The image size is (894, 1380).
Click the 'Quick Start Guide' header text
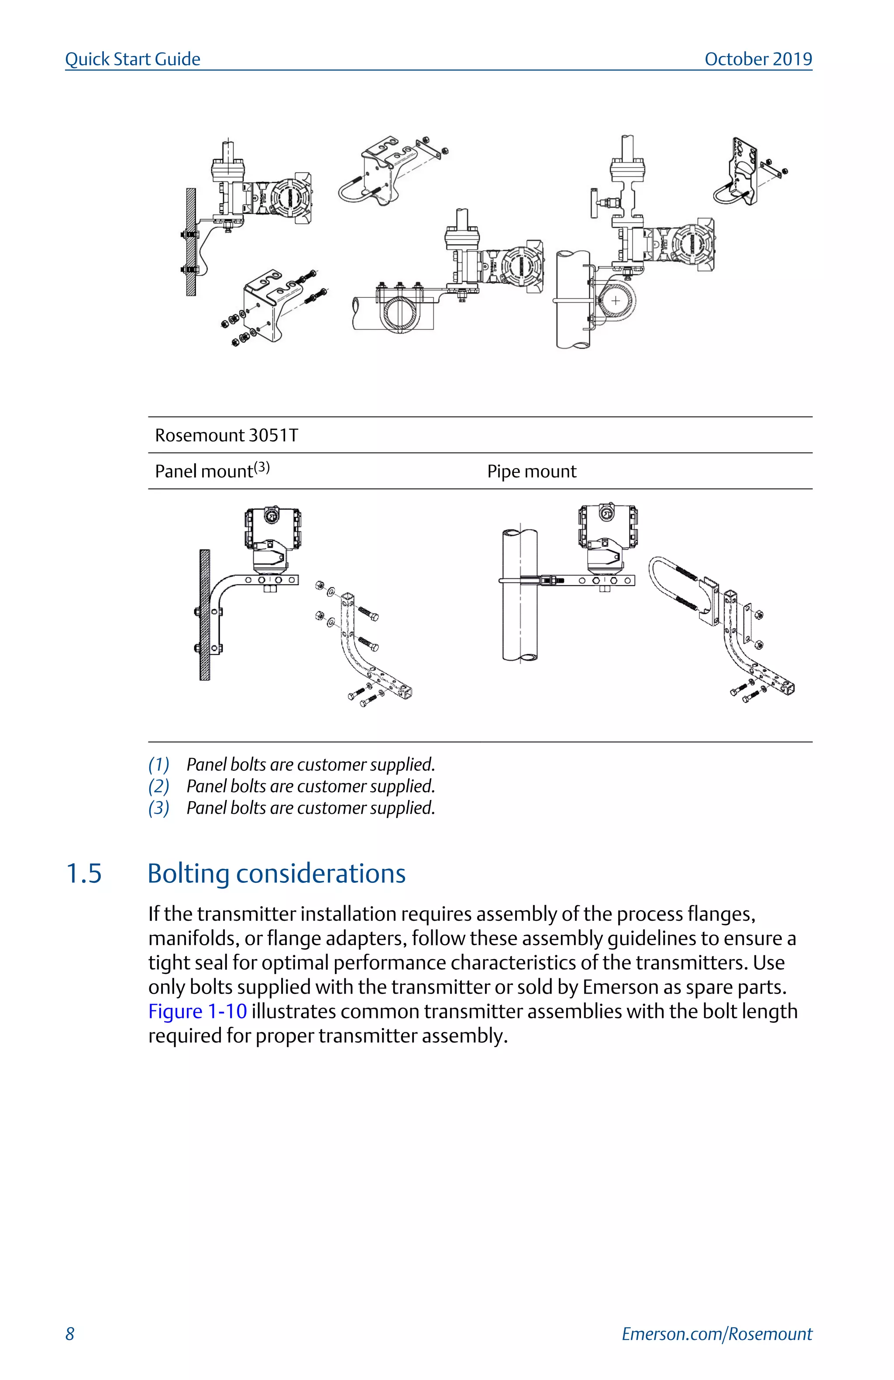tap(132, 59)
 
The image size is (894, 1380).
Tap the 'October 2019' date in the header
tap(758, 59)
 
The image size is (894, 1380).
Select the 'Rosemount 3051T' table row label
tap(226, 435)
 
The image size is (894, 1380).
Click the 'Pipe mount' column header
tap(531, 471)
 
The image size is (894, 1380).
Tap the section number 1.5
tap(84, 873)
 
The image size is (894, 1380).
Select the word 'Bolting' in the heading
tap(188, 873)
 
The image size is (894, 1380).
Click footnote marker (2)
tap(158, 786)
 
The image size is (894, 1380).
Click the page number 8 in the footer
tap(69, 1334)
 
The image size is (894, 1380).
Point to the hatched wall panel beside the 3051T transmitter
tap(204, 615)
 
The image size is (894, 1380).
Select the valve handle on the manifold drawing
tap(594, 202)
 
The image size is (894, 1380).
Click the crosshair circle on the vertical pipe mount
tap(615, 301)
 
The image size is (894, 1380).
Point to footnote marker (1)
tap(158, 765)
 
